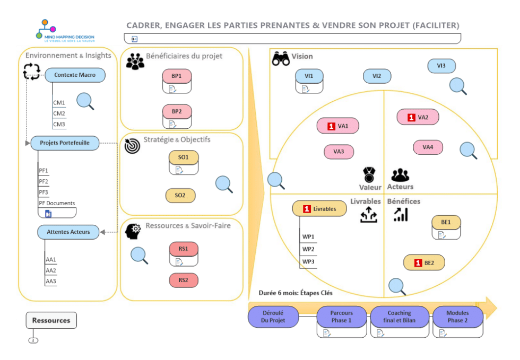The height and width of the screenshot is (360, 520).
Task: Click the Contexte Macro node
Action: (x=75, y=75)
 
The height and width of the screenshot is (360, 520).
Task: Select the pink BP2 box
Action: (x=177, y=112)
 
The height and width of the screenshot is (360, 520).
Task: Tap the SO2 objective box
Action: (x=180, y=195)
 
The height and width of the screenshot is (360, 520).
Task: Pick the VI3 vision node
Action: (x=441, y=66)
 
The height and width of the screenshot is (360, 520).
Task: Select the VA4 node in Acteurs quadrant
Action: (x=428, y=147)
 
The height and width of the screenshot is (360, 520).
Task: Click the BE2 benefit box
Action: (x=424, y=262)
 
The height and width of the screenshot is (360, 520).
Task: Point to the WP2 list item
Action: (x=308, y=249)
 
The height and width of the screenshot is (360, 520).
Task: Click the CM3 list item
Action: (x=59, y=125)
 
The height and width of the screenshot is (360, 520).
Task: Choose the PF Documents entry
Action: (x=57, y=203)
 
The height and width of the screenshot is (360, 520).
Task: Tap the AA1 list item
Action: (x=51, y=259)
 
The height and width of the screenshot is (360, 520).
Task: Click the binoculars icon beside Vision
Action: (x=281, y=58)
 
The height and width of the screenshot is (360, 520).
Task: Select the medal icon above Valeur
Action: (x=369, y=174)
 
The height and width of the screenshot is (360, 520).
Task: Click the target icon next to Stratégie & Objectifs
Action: (x=132, y=146)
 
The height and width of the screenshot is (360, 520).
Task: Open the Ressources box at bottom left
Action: (x=51, y=320)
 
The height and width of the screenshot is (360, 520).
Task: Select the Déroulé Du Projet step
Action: (x=273, y=317)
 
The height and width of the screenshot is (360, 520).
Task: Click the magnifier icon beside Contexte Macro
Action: (x=85, y=101)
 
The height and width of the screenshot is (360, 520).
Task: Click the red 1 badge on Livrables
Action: (x=307, y=209)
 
